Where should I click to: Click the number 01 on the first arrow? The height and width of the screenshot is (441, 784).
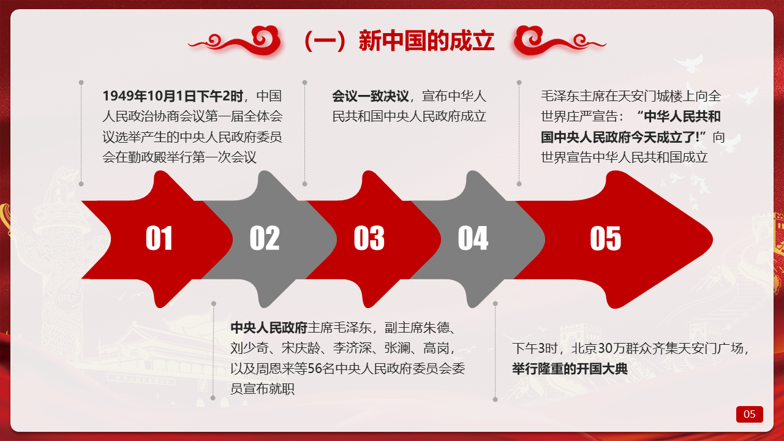[x=159, y=238]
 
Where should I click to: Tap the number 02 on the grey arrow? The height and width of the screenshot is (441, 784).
[x=265, y=238]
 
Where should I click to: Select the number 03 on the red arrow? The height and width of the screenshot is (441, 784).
[x=369, y=238]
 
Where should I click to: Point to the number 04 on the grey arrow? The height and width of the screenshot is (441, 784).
[x=473, y=238]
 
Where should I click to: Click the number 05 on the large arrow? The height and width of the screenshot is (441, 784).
[x=606, y=238]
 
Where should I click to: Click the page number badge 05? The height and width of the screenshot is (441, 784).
[x=749, y=414]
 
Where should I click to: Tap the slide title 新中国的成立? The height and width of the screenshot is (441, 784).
[x=427, y=41]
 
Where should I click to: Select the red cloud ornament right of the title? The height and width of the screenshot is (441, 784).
[x=559, y=41]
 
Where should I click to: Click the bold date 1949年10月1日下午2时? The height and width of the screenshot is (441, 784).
[x=173, y=96]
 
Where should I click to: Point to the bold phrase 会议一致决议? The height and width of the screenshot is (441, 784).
[x=371, y=96]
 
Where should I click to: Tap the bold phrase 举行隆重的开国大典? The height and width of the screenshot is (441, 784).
[x=570, y=369]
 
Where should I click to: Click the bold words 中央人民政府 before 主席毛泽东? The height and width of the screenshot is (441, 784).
[x=269, y=328]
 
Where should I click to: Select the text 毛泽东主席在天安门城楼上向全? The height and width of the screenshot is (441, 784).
[x=631, y=96]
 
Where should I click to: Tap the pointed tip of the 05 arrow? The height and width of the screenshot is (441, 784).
[x=712, y=239]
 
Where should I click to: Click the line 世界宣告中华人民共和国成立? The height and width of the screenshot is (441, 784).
[x=624, y=157]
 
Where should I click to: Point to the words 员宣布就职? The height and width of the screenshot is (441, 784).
[x=263, y=389]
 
